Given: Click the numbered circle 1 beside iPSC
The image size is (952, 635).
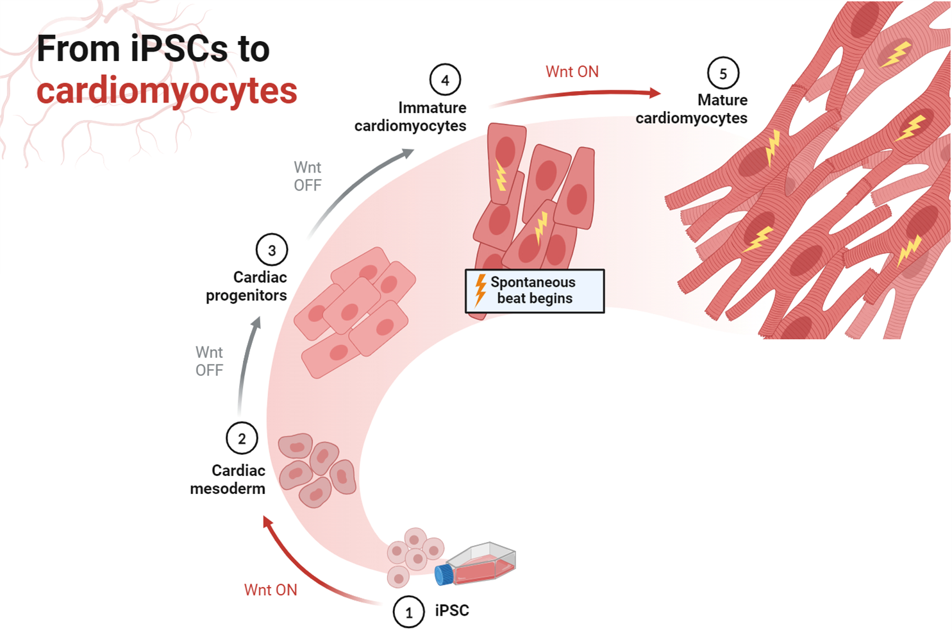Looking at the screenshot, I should pyautogui.click(x=409, y=612).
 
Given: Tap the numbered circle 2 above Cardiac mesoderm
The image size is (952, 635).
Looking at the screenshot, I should pyautogui.click(x=242, y=439).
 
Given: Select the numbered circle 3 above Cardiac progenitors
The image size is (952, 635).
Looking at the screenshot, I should pyautogui.click(x=272, y=250).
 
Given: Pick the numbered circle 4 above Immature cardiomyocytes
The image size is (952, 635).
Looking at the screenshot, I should pyautogui.click(x=445, y=80).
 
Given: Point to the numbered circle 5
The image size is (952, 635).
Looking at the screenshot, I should pyautogui.click(x=723, y=74).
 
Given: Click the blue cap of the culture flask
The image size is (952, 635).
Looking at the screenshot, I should pyautogui.click(x=444, y=575).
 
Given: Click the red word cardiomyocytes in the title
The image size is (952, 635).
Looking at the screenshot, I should pyautogui.click(x=167, y=90).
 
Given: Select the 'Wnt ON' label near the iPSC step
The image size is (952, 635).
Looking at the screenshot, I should pyautogui.click(x=271, y=590).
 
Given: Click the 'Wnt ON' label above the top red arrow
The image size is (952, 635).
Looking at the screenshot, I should pyautogui.click(x=572, y=72).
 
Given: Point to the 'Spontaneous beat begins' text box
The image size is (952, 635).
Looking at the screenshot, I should pyautogui.click(x=535, y=291).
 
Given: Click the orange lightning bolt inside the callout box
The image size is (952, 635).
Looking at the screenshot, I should pyautogui.click(x=480, y=289).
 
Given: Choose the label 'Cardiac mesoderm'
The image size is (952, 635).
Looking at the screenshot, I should pyautogui.click(x=228, y=480).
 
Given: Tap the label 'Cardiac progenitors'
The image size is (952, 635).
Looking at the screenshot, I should pyautogui.click(x=247, y=286).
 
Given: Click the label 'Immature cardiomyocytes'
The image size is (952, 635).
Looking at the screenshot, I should pyautogui.click(x=410, y=117).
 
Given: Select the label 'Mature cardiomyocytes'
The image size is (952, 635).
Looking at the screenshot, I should pyautogui.click(x=692, y=109).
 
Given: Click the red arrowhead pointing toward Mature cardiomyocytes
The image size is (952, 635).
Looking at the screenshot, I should pyautogui.click(x=655, y=93).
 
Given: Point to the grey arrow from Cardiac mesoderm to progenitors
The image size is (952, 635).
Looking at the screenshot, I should pyautogui.click(x=246, y=366).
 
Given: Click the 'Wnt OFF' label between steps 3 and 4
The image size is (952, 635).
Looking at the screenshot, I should pyautogui.click(x=308, y=176).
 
